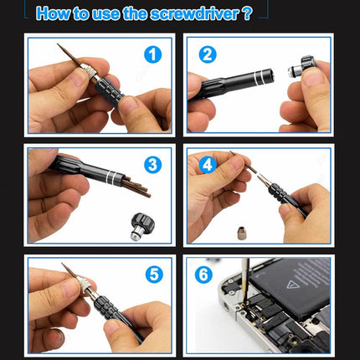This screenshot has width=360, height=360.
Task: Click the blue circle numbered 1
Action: (x=151, y=55)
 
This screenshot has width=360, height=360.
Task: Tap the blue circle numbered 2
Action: (x=208, y=55)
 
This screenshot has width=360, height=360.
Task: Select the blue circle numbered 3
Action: (x=151, y=164)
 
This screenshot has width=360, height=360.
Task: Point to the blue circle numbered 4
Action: (x=207, y=164)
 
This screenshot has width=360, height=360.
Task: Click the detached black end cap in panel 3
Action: (x=142, y=224)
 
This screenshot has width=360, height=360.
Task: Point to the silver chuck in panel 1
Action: (x=87, y=74)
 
